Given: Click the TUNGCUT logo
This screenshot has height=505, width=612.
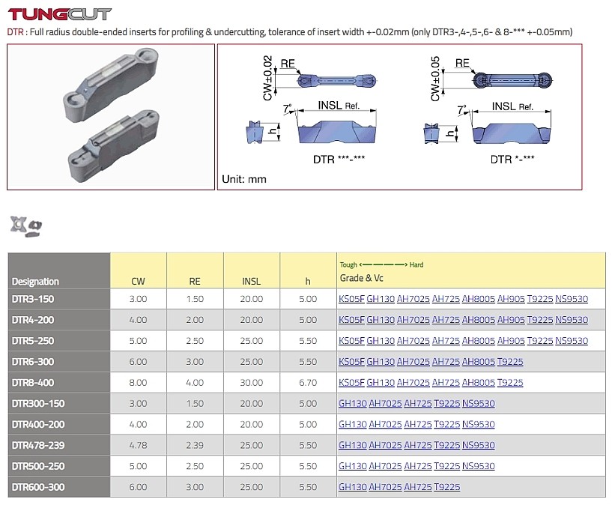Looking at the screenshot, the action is [x=59, y=14].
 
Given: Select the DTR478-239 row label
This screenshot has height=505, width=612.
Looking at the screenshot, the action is [x=38, y=445].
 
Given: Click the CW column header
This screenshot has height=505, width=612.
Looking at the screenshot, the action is [x=138, y=282].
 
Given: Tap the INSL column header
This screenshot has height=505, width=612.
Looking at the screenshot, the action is [x=252, y=282].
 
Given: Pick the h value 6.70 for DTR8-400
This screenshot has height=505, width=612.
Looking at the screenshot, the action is [x=308, y=382].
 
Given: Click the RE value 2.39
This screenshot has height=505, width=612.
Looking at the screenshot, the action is [x=195, y=445].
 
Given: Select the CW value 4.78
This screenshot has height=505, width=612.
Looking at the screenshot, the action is [x=138, y=445].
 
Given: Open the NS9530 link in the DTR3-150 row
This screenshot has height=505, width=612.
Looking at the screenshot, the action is [x=572, y=299].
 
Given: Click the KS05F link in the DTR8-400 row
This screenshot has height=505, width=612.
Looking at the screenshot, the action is [x=351, y=382].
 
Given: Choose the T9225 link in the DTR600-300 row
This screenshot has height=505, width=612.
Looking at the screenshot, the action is [x=447, y=487].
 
